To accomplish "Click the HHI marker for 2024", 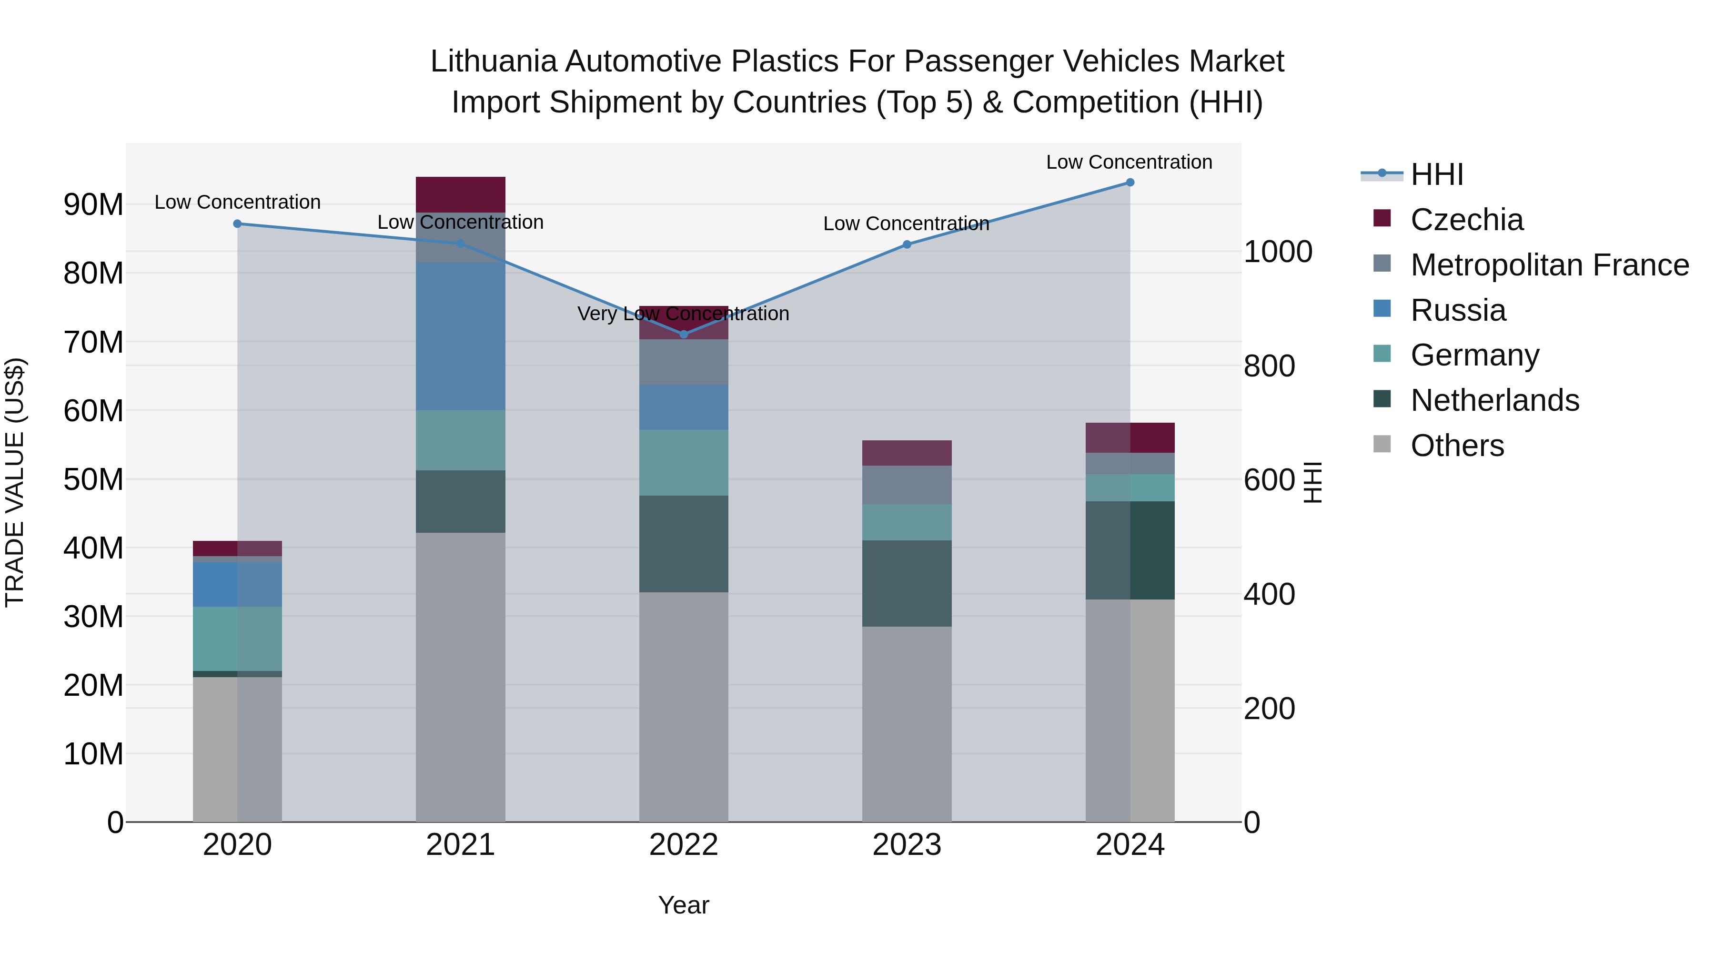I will (x=1130, y=183).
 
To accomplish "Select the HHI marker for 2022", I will (x=684, y=335).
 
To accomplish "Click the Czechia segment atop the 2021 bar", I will (x=461, y=194).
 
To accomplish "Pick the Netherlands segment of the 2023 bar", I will (x=907, y=583).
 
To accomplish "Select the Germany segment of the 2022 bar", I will (x=684, y=462).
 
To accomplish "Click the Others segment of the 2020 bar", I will (x=237, y=749).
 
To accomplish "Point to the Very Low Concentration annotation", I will (x=683, y=314).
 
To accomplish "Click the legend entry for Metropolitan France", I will (x=1549, y=265).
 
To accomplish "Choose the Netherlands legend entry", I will (x=1494, y=400).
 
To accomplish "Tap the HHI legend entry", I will (x=1437, y=174).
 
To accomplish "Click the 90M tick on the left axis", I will (x=93, y=204).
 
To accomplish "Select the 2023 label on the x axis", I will (x=907, y=845).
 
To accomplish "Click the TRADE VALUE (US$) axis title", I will (x=15, y=482).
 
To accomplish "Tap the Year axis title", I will (x=684, y=905).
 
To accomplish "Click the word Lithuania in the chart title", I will (x=493, y=61).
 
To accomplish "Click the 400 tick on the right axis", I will (x=1269, y=594).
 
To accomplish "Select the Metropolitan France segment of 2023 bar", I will (x=907, y=485).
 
